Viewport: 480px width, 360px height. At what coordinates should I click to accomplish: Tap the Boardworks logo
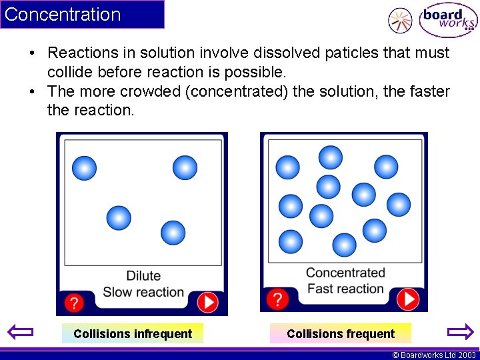(x=447, y=21)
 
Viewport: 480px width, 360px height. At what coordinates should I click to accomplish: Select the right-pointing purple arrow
(x=459, y=332)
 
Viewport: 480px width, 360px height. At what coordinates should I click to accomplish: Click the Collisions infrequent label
(x=133, y=333)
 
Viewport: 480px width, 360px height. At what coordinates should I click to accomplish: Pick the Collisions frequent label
(x=341, y=333)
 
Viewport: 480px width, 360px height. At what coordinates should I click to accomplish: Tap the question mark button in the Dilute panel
(x=74, y=303)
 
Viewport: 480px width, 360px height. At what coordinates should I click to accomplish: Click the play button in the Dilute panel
(x=208, y=303)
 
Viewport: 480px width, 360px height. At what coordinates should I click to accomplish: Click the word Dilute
(x=143, y=276)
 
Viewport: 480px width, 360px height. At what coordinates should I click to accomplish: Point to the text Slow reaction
(x=143, y=292)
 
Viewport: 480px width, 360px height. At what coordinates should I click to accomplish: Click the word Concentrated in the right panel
(x=345, y=273)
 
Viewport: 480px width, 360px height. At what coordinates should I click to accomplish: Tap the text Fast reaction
(x=345, y=289)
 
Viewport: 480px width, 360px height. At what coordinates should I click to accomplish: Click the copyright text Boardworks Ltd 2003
(x=434, y=355)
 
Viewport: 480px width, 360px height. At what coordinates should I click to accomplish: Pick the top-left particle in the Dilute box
(x=84, y=167)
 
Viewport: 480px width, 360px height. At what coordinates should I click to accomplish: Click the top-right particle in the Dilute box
(x=185, y=167)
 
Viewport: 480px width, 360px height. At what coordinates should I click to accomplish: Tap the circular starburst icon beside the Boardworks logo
(x=400, y=21)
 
